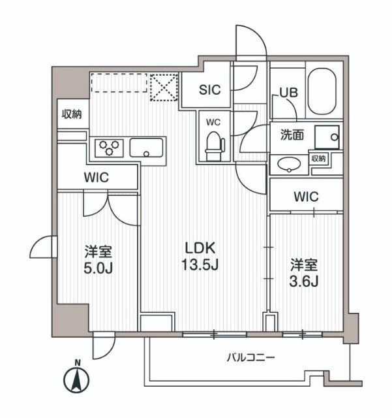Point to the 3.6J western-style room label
click(x=304, y=273)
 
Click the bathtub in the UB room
click(x=320, y=91)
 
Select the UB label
click(x=288, y=93)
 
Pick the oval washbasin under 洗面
click(x=287, y=165)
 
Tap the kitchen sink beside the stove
click(x=147, y=148)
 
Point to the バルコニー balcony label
click(x=250, y=358)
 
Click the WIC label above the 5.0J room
click(x=96, y=177)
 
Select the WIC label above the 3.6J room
click(x=305, y=196)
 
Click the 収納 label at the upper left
click(x=72, y=115)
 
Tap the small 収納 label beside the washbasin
click(x=318, y=159)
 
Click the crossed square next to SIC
click(x=165, y=88)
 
